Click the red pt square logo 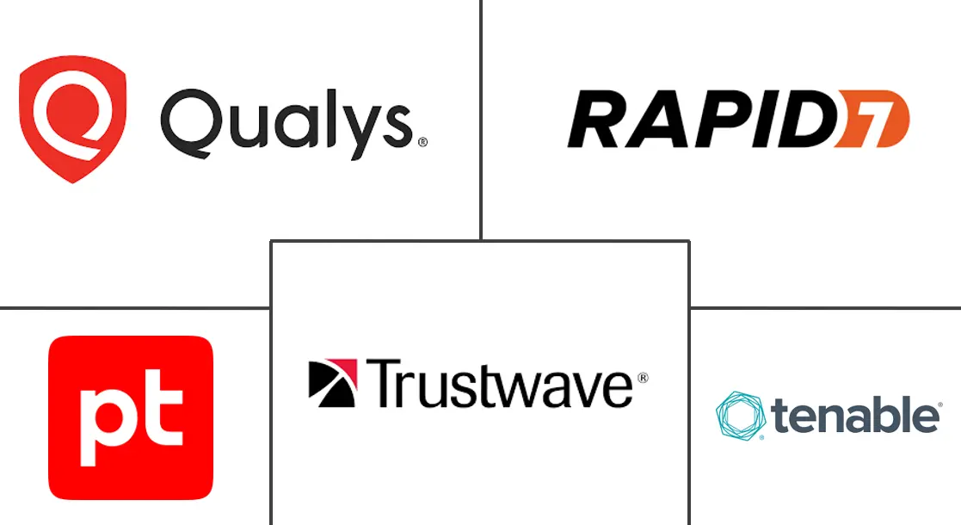(x=131, y=417)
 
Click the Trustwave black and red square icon (x=332, y=383)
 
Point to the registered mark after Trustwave (x=642, y=377)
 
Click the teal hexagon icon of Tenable (x=741, y=417)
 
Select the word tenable (x=856, y=417)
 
